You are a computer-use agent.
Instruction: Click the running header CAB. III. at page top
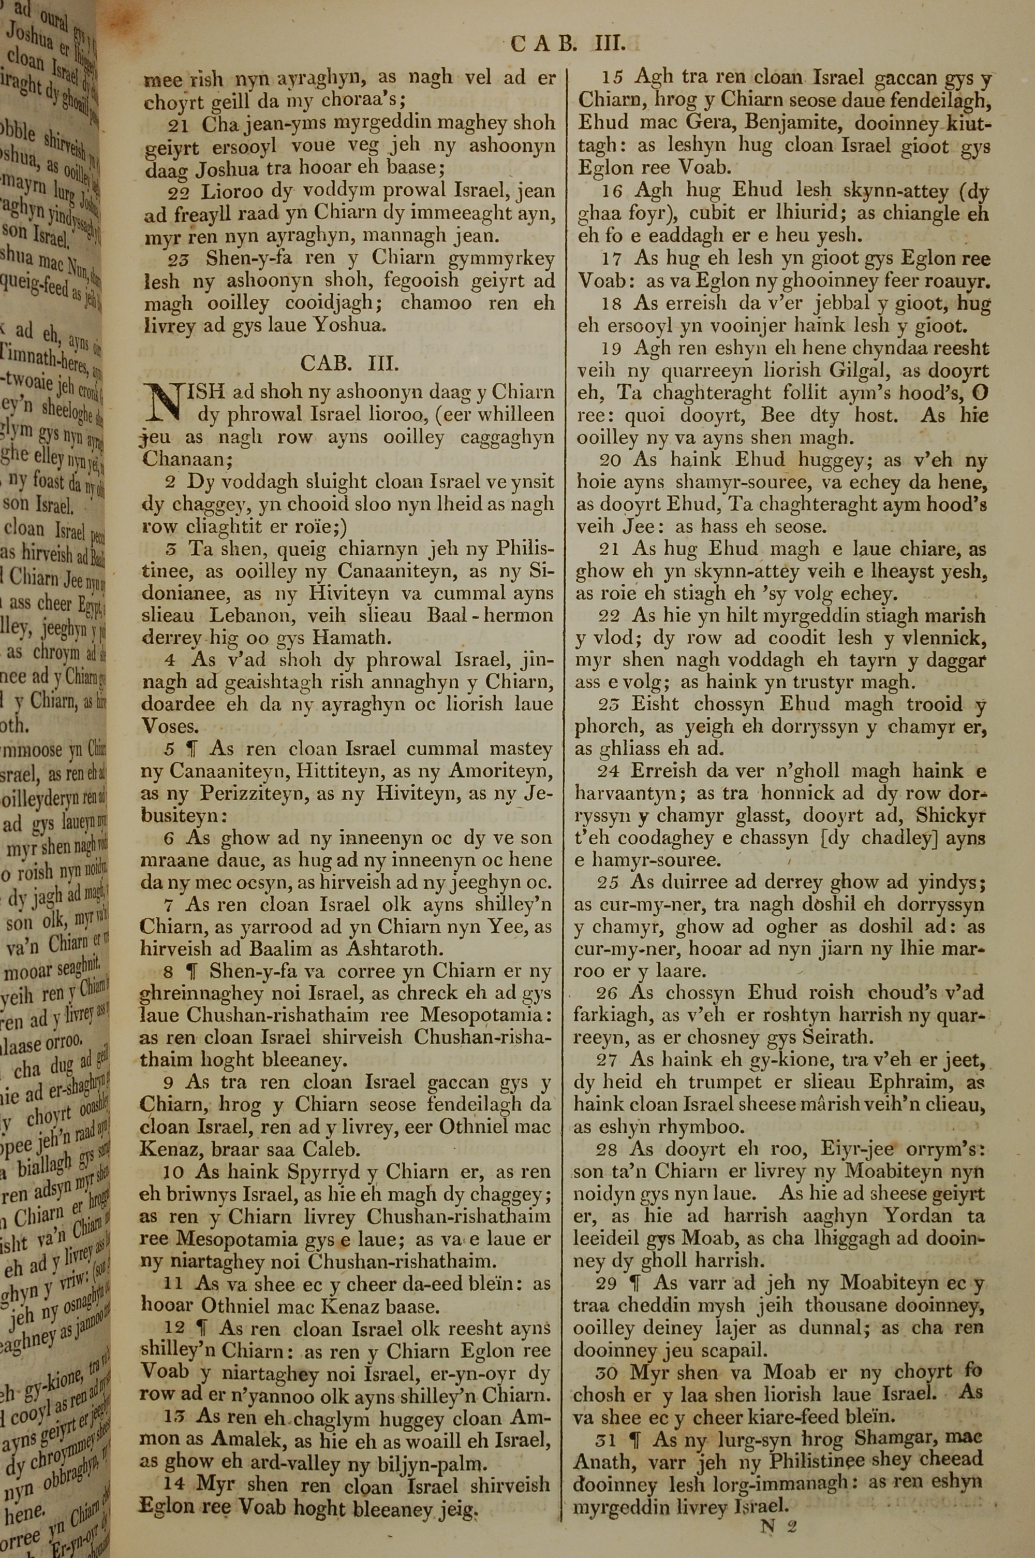click(x=567, y=44)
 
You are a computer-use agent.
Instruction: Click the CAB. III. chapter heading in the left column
click(x=349, y=363)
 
